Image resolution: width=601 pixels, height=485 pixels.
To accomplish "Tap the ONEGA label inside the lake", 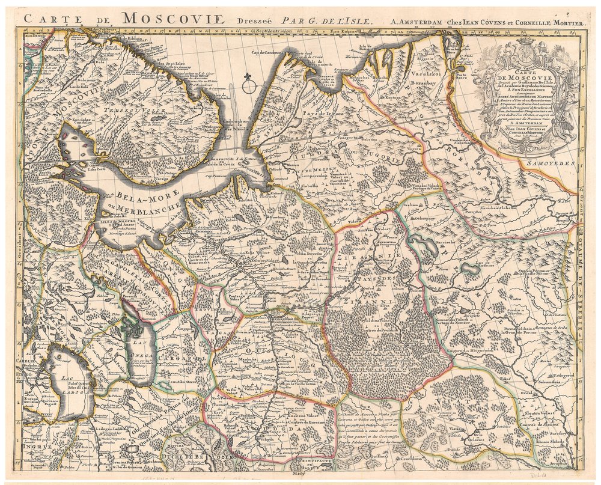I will pos(139,355).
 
